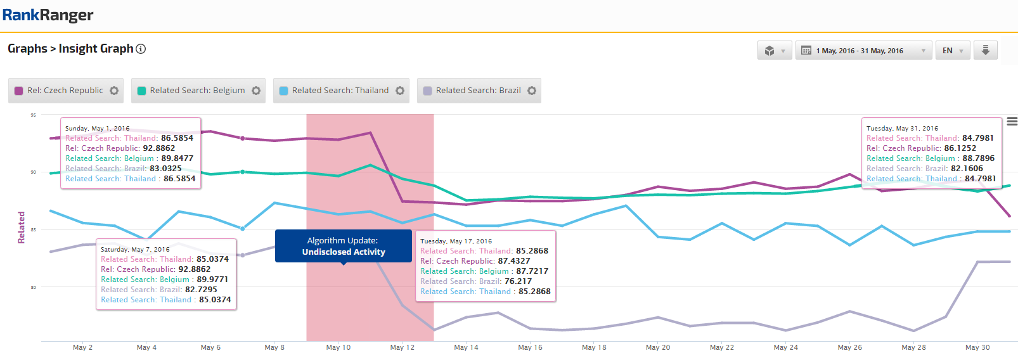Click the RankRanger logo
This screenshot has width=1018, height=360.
pos(48,15)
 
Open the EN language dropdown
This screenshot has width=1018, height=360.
pos(952,51)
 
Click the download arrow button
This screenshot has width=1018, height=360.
pos(985,50)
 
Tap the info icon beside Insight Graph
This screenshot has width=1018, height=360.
pos(141,49)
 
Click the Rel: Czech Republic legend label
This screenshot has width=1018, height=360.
pos(65,91)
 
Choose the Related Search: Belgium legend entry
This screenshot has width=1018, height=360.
pos(197,91)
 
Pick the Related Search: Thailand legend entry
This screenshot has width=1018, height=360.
pos(340,91)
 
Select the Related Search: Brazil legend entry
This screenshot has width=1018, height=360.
pos(478,91)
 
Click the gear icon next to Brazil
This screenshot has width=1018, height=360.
pos(532,91)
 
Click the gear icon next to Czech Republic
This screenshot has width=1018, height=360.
pos(114,91)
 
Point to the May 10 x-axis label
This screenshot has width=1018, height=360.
pos(338,347)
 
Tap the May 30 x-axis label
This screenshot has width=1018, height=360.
pos(977,347)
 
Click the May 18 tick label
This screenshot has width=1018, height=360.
pos(594,347)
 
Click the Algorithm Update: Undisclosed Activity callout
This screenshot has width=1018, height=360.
pos(343,247)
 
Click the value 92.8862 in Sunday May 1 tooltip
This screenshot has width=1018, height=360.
pos(158,148)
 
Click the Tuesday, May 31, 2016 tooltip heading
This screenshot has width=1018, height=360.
pos(902,128)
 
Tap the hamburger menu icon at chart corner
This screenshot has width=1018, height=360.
pos(1012,121)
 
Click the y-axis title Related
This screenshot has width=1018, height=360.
pos(21,228)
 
